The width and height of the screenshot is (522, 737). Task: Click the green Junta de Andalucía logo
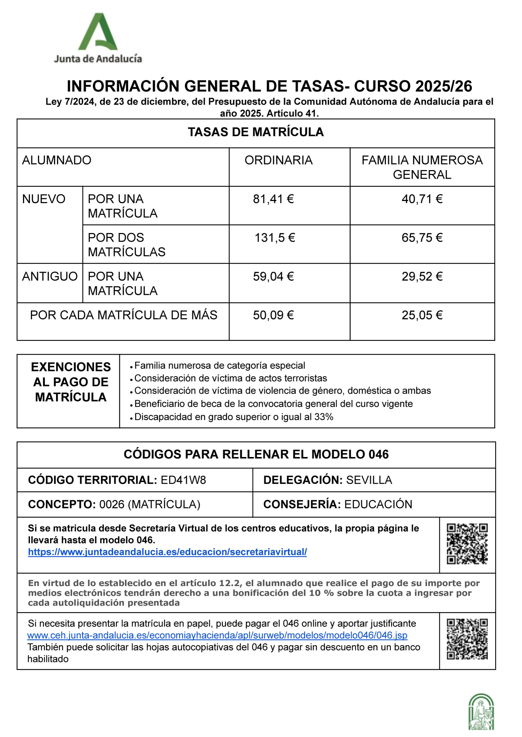click(x=98, y=38)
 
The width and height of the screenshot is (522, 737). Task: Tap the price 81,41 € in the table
click(x=274, y=199)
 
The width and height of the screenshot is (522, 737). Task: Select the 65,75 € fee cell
click(x=422, y=238)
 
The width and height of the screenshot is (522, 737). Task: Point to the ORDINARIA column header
click(x=278, y=160)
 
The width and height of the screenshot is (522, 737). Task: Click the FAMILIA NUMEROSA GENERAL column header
click(x=422, y=167)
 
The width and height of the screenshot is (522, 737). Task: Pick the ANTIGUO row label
click(x=50, y=277)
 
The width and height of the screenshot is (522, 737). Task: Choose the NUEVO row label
click(x=44, y=199)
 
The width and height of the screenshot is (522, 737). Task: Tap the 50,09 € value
click(x=274, y=315)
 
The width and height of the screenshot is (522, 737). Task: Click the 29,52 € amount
click(x=422, y=277)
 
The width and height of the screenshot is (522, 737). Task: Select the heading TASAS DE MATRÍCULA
click(x=256, y=132)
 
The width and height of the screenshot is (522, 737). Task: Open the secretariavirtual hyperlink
click(x=167, y=552)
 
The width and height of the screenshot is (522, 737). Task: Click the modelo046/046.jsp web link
click(x=217, y=635)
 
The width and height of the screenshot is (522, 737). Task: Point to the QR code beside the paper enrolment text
click(x=467, y=639)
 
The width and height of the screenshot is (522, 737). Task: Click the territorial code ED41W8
click(x=183, y=480)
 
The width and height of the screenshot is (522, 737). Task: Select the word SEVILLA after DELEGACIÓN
click(x=369, y=480)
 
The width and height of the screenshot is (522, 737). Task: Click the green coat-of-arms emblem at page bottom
click(x=481, y=712)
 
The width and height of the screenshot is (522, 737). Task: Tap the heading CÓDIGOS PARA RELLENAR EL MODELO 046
click(x=256, y=454)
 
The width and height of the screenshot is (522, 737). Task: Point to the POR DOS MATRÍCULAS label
click(x=127, y=245)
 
